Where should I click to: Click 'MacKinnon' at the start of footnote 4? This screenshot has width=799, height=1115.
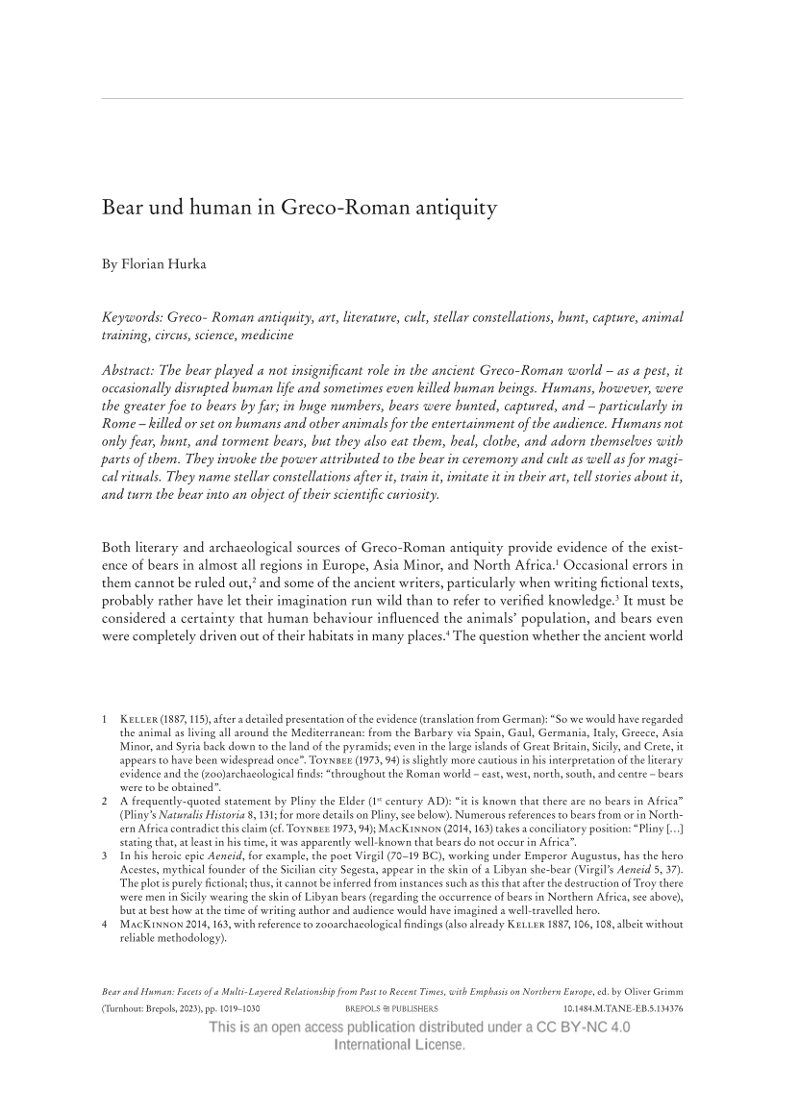[146, 925]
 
